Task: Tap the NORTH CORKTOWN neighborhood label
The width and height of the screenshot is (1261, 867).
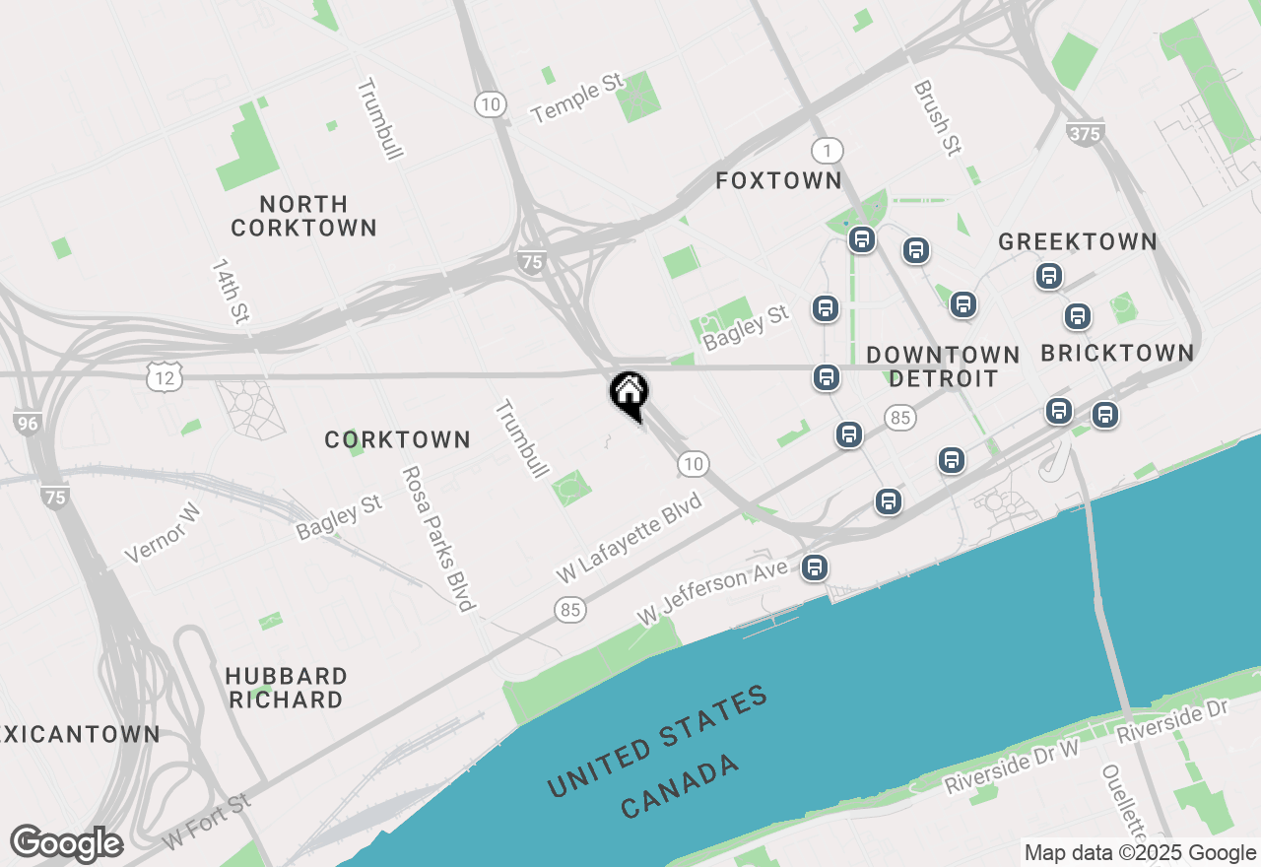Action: click(x=303, y=216)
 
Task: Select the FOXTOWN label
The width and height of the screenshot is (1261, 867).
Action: click(x=778, y=180)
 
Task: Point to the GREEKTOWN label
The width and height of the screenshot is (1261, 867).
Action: click(x=1078, y=241)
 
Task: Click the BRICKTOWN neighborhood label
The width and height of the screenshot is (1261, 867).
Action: click(x=1117, y=353)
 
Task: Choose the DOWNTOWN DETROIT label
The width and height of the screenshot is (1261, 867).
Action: click(x=943, y=367)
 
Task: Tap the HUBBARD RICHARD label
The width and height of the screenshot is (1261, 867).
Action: click(x=286, y=688)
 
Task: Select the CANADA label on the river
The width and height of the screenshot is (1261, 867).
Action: click(x=680, y=787)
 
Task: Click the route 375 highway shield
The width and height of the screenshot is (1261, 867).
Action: click(x=1085, y=133)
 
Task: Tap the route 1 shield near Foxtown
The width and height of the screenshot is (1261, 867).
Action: click(x=828, y=151)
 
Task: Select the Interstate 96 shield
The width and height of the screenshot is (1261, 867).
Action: click(x=29, y=423)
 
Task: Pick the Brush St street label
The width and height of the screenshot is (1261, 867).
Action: click(x=937, y=118)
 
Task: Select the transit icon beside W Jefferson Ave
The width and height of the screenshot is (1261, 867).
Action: click(x=814, y=567)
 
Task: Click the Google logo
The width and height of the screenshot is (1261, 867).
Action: click(x=66, y=843)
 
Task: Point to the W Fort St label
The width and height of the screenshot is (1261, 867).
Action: click(x=207, y=823)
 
